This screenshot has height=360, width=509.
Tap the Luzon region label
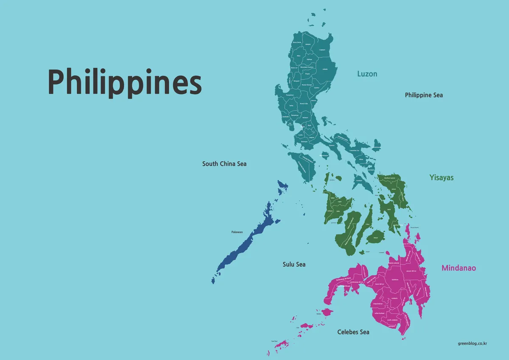(x=367, y=74)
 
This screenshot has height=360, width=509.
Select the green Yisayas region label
(x=441, y=177)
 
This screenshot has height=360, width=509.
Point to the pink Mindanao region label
(x=459, y=268)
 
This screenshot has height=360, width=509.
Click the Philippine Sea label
(x=424, y=95)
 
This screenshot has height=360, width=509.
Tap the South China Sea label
(x=224, y=163)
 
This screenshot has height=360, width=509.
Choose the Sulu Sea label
(x=294, y=264)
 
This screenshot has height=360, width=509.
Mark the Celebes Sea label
(x=353, y=332)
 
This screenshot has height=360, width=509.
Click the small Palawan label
(x=237, y=232)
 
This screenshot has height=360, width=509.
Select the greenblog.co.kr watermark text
(x=473, y=343)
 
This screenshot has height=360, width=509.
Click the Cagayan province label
(x=322, y=50)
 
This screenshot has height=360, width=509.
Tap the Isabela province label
(x=325, y=69)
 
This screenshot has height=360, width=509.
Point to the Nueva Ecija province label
(x=304, y=103)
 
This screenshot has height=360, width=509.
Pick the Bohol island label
(x=375, y=238)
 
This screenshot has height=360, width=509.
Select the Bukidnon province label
(x=395, y=279)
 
